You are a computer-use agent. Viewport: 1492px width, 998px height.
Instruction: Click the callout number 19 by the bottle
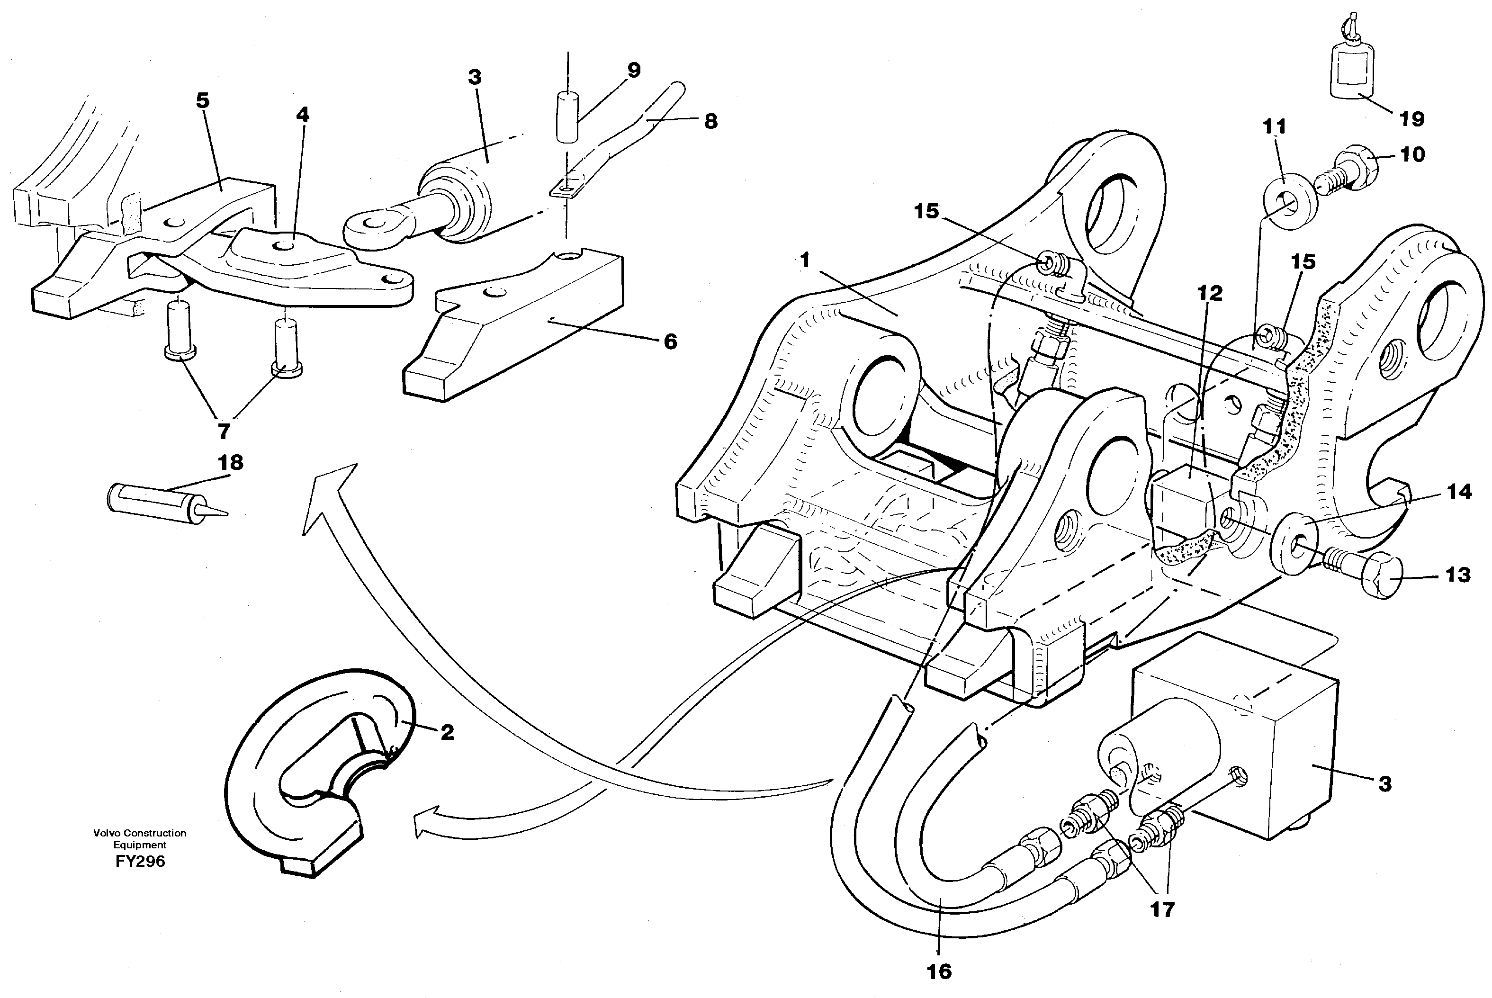[1411, 119]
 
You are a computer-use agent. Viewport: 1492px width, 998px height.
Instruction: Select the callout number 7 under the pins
[224, 432]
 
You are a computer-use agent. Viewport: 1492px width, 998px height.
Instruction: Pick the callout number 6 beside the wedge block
[670, 342]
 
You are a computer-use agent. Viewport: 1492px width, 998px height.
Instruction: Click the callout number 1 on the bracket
[805, 261]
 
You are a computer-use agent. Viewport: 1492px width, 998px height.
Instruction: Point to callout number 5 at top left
[202, 100]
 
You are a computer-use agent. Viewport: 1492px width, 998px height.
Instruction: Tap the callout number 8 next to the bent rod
[710, 121]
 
